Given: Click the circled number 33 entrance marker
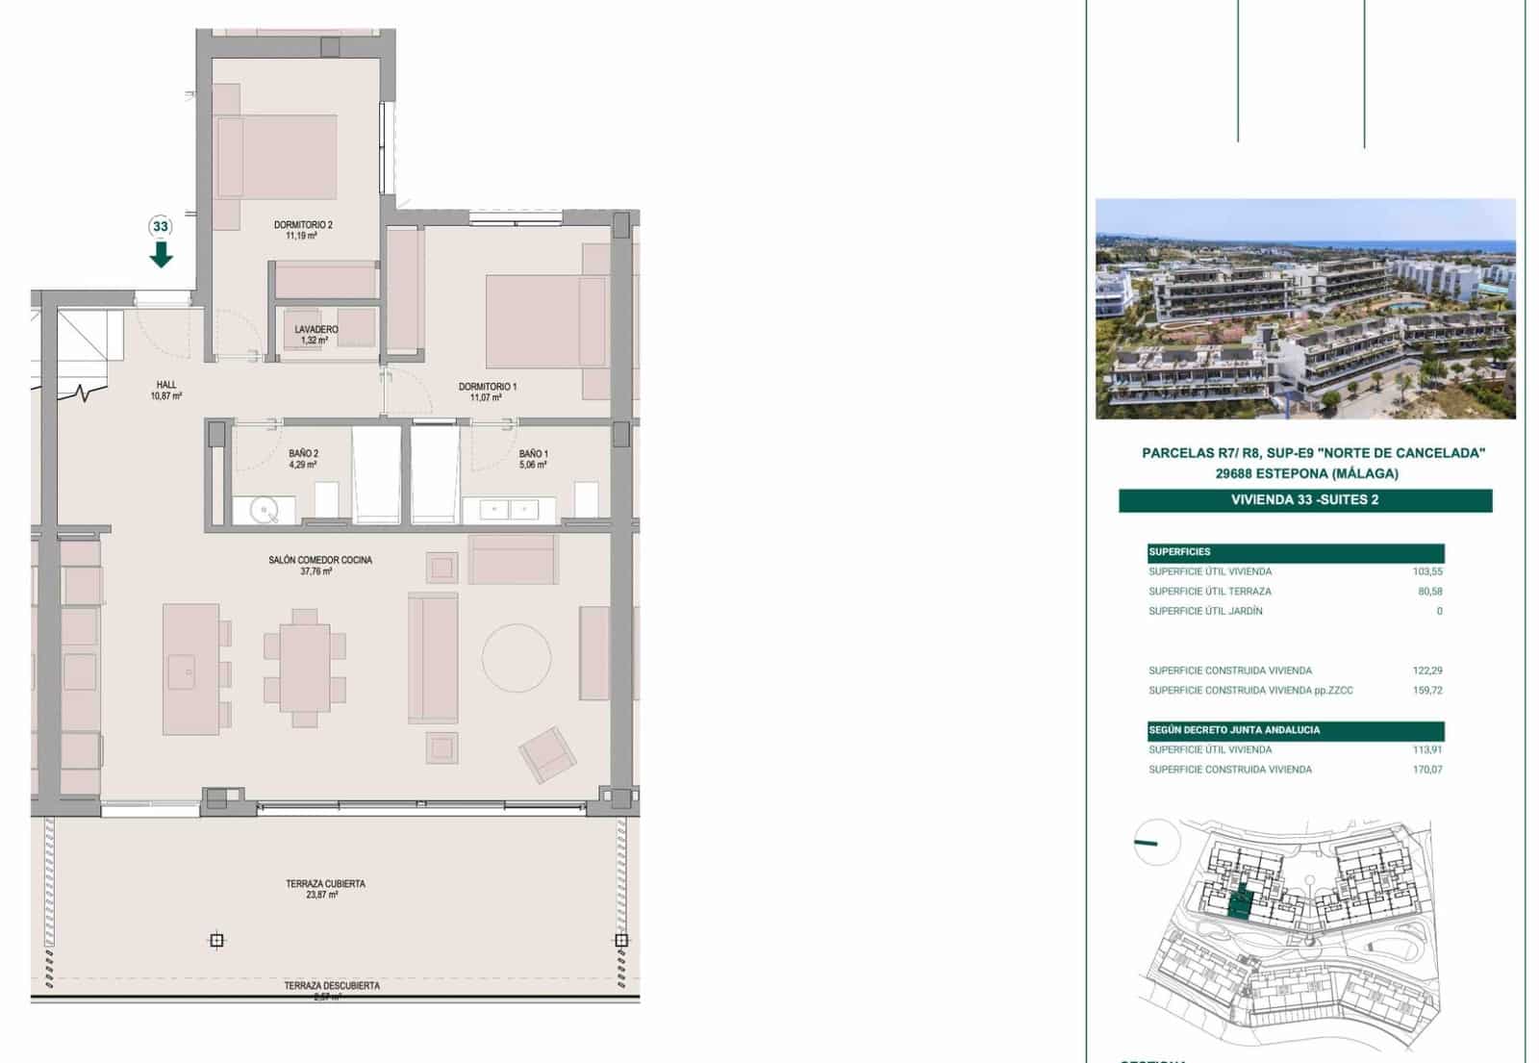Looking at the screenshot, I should [161, 227].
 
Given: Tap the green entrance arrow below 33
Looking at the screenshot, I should [161, 255].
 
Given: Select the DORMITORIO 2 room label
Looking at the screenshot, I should [302, 230].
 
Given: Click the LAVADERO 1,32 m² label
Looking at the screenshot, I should [315, 334].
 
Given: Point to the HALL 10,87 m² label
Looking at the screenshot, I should [166, 390].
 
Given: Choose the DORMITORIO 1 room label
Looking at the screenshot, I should [487, 392].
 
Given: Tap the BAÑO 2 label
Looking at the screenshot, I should [303, 459].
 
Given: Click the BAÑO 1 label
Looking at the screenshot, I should [533, 459].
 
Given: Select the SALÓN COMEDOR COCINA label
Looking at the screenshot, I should [319, 565].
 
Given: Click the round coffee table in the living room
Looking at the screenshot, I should [517, 658].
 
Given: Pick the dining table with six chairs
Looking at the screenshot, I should [305, 668].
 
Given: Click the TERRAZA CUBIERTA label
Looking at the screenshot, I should [325, 889].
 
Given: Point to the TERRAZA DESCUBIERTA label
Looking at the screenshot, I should [331, 986].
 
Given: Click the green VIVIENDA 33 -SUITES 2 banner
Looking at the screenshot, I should [1304, 499].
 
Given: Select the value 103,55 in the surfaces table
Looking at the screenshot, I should [1427, 571].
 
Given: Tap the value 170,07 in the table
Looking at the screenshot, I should [1427, 770].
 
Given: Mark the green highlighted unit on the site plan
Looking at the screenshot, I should [1242, 903].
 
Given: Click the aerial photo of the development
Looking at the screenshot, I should [1305, 309].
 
